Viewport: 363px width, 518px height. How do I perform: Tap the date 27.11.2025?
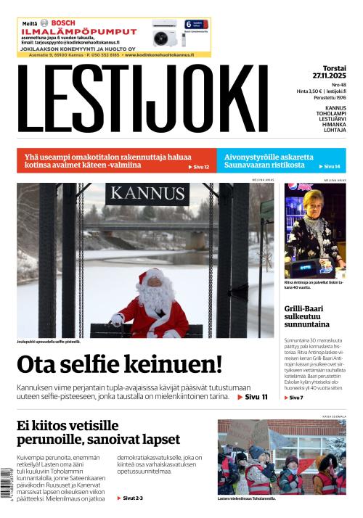329,75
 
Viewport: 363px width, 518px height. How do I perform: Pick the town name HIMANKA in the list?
335,125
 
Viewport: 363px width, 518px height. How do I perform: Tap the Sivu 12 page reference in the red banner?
198,167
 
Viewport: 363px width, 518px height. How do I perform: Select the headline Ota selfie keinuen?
119,364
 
